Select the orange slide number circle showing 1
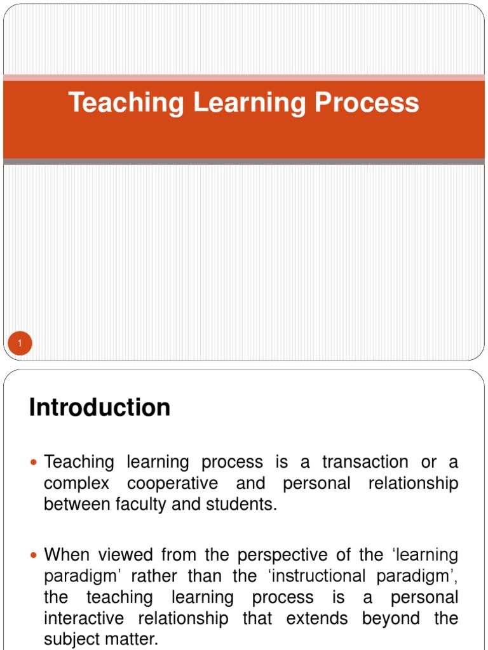click(20, 344)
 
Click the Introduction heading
click(100, 408)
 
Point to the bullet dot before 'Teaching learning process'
click(34, 463)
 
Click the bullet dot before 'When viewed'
click(34, 556)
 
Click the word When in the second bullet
click(67, 555)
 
